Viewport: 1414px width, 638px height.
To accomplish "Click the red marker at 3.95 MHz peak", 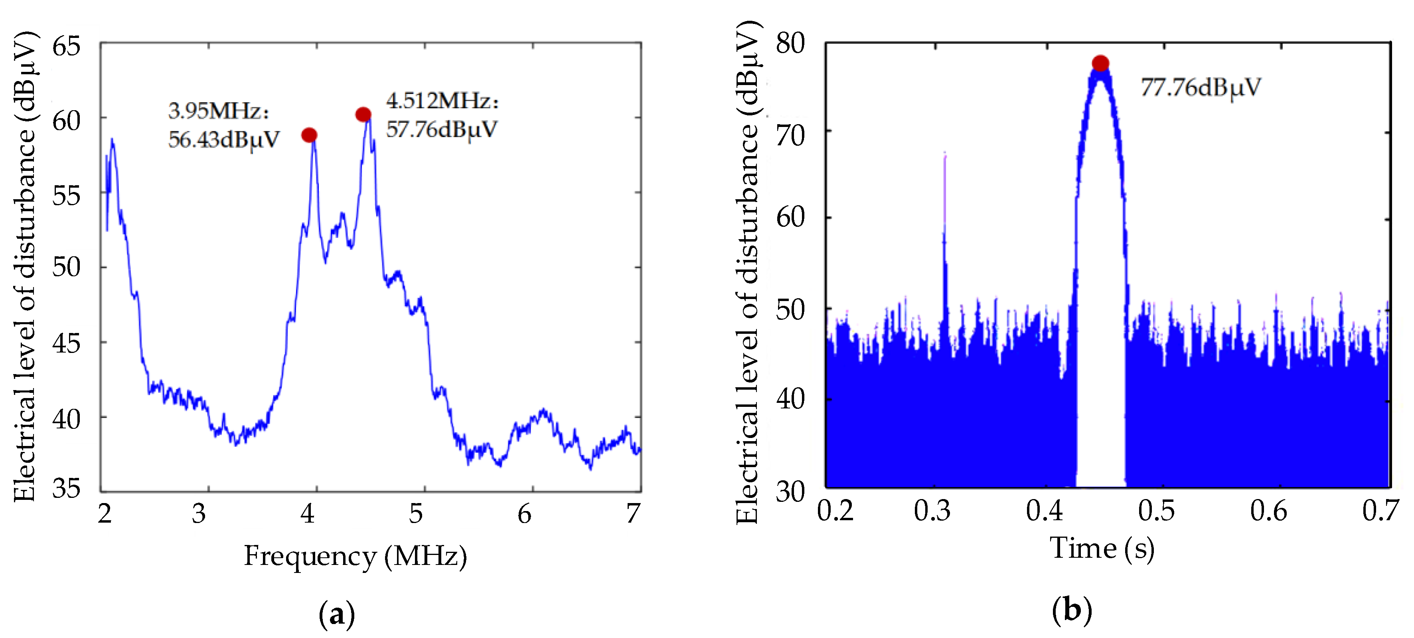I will pos(309,135).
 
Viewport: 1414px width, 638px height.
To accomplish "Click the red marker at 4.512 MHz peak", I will pos(363,114).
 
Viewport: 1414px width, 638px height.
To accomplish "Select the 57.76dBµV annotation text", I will pos(441,130).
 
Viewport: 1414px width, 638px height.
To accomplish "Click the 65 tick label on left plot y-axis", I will pos(66,46).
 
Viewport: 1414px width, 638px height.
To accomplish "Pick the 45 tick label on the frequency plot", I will pos(66,344).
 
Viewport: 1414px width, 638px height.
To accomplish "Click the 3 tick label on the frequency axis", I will pos(199,513).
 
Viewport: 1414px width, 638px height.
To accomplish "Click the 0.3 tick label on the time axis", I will pos(932,511).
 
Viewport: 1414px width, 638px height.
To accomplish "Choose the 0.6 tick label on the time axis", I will pos(1268,511).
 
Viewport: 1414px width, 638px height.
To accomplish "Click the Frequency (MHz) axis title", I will pos(355,556).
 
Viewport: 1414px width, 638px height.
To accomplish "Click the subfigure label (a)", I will pos(336,614).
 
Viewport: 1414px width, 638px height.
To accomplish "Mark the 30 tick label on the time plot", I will pos(790,491).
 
